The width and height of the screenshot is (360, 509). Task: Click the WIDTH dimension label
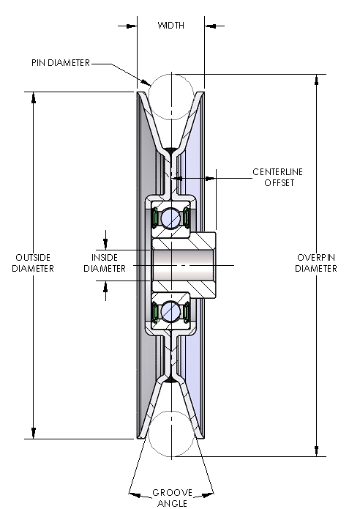pyautogui.click(x=171, y=26)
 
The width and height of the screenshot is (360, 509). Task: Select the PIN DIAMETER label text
pyautogui.click(x=61, y=63)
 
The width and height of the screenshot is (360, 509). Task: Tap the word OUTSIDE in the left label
pyautogui.click(x=33, y=257)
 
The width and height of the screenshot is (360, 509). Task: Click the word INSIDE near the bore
pyautogui.click(x=105, y=257)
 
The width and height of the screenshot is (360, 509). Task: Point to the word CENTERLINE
pyautogui.click(x=277, y=171)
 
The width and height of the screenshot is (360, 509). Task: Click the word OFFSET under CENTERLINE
pyautogui.click(x=280, y=183)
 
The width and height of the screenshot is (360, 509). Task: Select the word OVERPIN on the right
pyautogui.click(x=316, y=257)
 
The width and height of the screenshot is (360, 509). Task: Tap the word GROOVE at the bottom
pyautogui.click(x=172, y=493)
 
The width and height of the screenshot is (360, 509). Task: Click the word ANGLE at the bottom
pyautogui.click(x=172, y=503)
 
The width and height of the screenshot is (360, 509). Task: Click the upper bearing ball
pyautogui.click(x=171, y=217)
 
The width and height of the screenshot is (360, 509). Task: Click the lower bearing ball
pyautogui.click(x=171, y=311)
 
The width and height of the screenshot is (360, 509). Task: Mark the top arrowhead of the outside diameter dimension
pyautogui.click(x=34, y=97)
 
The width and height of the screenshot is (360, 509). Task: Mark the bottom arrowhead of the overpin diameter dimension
pyautogui.click(x=317, y=451)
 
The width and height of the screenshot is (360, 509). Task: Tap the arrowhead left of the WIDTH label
pyautogui.click(x=132, y=26)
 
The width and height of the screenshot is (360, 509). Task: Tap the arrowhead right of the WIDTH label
pyautogui.click(x=210, y=26)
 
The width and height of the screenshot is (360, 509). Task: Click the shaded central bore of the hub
pyautogui.click(x=183, y=265)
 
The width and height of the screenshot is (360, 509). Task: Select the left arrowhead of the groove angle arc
pyautogui.click(x=135, y=495)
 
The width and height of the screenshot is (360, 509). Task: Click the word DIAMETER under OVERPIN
pyautogui.click(x=316, y=269)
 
